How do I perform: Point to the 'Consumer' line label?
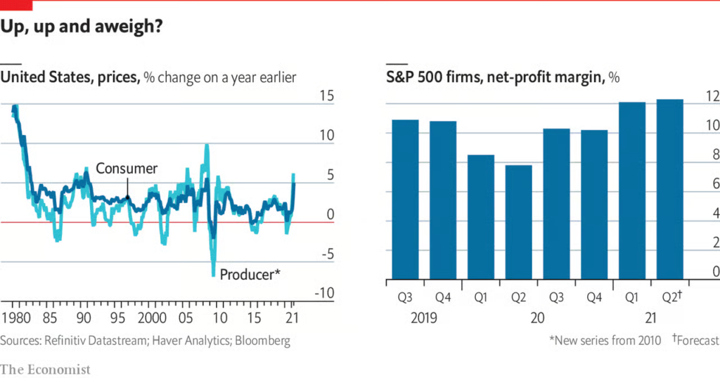point(127,169)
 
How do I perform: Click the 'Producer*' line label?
point(250,274)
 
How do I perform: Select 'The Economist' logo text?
point(46,369)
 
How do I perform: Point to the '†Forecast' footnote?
point(695,341)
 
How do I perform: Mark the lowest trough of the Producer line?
point(214,275)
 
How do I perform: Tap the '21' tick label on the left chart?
point(291,317)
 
